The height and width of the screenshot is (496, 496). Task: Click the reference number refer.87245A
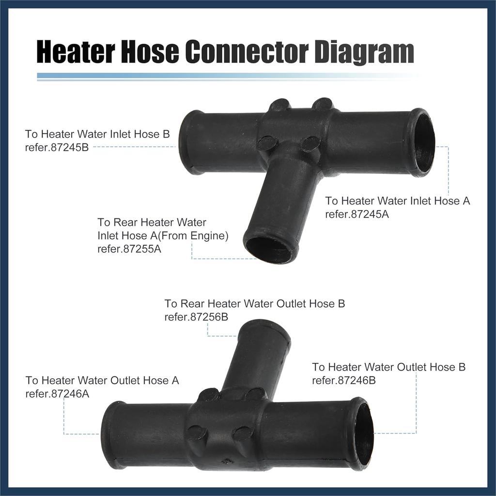pos(357,214)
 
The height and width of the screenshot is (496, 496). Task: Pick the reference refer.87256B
pos(196,317)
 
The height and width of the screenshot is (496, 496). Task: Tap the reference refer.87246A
pos(58,393)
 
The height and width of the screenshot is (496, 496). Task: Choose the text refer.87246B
pos(344,380)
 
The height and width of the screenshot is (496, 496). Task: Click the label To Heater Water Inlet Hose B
pos(97,134)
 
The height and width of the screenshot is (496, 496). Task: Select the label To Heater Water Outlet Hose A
pos(102,381)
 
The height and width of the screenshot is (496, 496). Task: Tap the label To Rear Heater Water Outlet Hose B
pos(254,304)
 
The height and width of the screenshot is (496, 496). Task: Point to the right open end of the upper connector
pos(423,143)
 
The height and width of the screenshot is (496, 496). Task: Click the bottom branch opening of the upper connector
pos(269,248)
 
